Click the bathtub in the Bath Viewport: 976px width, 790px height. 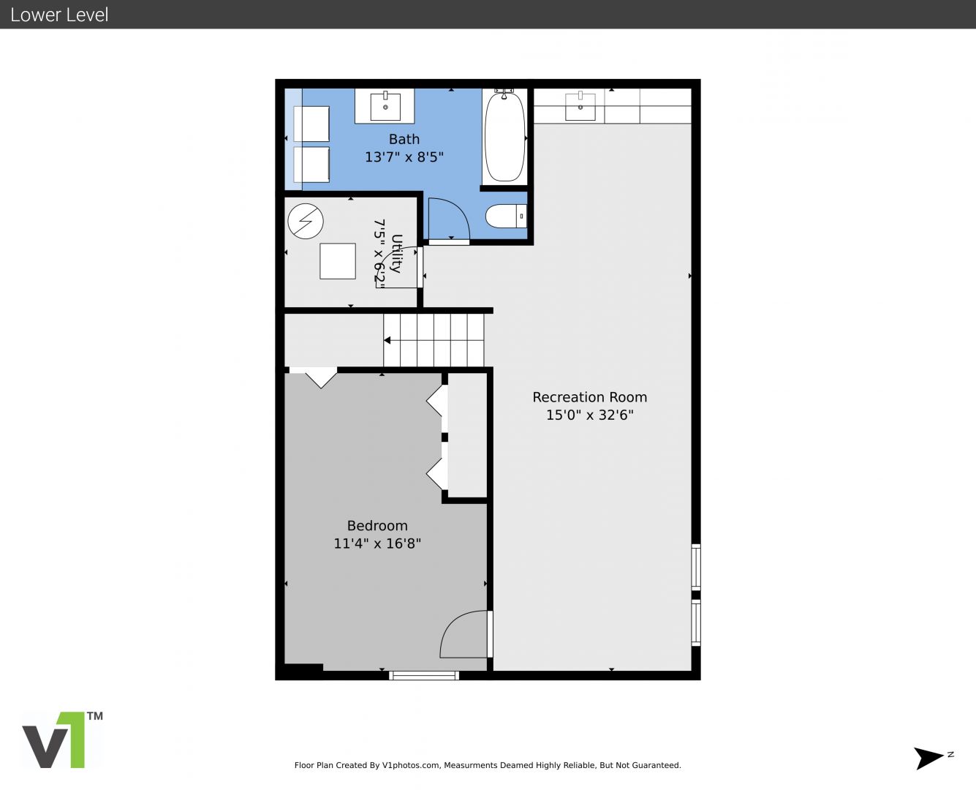(504, 136)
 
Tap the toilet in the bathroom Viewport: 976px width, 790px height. (506, 216)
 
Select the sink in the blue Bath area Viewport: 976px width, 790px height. (385, 106)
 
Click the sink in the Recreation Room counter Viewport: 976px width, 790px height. (580, 106)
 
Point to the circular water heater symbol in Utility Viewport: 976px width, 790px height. (306, 221)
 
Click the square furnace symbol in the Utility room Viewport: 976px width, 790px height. (338, 261)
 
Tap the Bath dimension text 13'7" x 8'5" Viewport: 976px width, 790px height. (404, 157)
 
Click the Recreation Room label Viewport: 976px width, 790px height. (590, 397)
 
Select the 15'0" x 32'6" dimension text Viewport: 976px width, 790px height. (590, 415)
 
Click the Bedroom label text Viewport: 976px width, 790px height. (377, 525)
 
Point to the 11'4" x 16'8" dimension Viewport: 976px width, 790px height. (377, 543)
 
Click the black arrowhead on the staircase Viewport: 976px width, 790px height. (387, 340)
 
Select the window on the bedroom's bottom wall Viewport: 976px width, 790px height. (424, 675)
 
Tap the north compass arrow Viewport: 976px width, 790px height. (928, 759)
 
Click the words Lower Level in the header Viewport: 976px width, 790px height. (59, 15)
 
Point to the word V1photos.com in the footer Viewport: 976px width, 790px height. (411, 765)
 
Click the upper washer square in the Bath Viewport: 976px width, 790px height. (311, 124)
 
